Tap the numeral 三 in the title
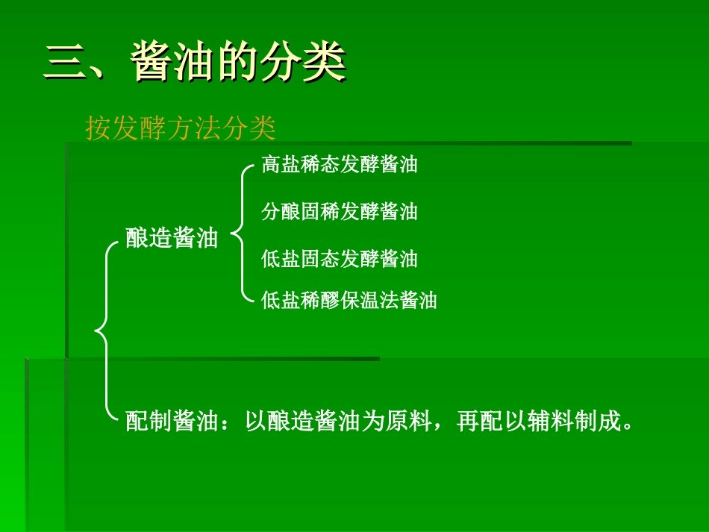click(66, 63)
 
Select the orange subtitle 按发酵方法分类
click(181, 128)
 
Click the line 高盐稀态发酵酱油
click(340, 165)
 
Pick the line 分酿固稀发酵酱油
click(340, 212)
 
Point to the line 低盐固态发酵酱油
click(340, 259)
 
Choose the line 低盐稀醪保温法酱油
click(349, 301)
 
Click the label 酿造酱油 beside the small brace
click(172, 239)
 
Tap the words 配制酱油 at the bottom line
click(172, 422)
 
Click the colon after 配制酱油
click(230, 423)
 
